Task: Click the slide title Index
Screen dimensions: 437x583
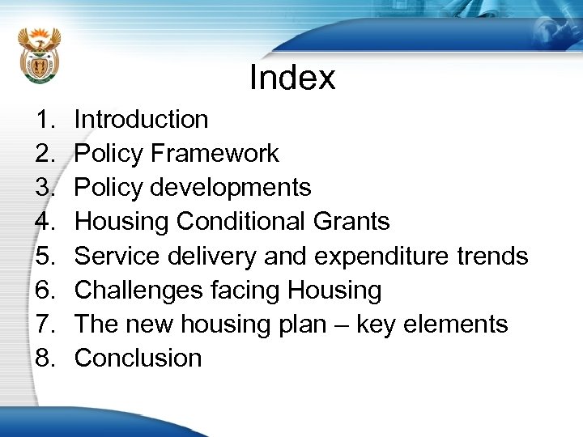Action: pyautogui.click(x=292, y=78)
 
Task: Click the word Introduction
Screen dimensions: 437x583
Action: pyautogui.click(x=141, y=120)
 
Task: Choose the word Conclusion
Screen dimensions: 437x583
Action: pyautogui.click(x=138, y=359)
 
